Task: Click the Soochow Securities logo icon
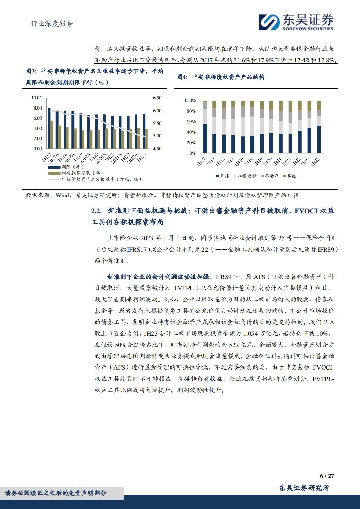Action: tap(269, 22)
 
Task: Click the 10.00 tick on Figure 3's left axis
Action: tap(37, 98)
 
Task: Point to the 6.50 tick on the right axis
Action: tap(157, 98)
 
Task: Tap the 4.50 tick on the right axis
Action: tap(157, 149)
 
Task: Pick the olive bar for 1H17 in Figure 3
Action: tap(52, 135)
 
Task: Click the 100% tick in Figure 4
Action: tap(190, 101)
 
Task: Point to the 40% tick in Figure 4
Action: tap(191, 132)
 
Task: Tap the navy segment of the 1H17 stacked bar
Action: tap(204, 138)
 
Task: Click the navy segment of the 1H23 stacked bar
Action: tap(318, 139)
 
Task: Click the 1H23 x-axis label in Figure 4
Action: tap(315, 162)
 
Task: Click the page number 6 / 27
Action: tap(327, 476)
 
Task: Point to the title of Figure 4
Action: tap(221, 77)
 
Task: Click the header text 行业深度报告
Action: tap(52, 23)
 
